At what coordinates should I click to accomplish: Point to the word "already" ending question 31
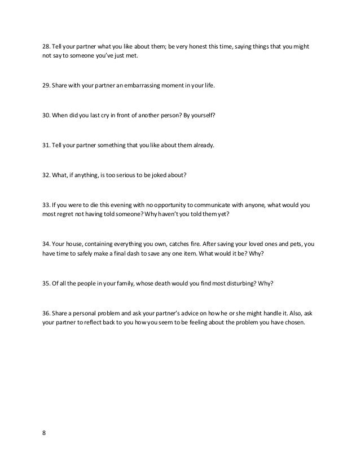[203, 145]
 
